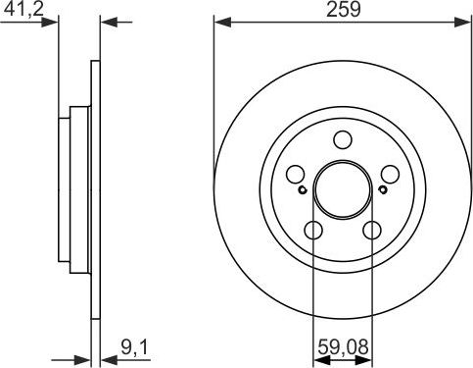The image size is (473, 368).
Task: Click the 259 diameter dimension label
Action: click(344, 10)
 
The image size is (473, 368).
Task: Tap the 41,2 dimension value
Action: click(24, 10)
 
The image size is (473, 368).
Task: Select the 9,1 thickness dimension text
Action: click(134, 347)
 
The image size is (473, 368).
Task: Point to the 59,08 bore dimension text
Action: click(343, 347)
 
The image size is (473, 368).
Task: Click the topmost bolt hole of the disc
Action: click(343, 139)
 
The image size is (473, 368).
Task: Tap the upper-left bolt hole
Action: click(296, 174)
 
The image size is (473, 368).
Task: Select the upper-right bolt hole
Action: click(390, 174)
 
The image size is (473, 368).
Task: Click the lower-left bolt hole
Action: click(313, 230)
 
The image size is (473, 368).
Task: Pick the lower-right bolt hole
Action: click(372, 230)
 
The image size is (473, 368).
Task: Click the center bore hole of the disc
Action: click(343, 189)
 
